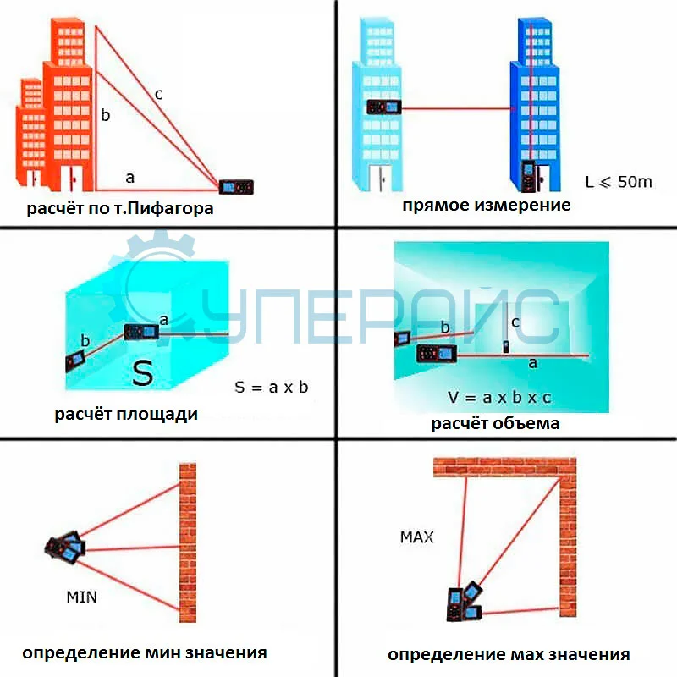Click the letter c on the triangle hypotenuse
[158, 94]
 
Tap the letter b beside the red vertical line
[105, 116]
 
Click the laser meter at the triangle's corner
[236, 186]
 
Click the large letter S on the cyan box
[142, 372]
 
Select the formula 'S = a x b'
[272, 388]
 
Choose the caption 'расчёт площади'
[126, 415]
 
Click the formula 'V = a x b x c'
[498, 396]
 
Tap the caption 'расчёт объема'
[494, 423]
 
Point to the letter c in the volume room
[515, 322]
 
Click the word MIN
[81, 597]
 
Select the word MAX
[416, 537]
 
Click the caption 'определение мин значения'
[145, 652]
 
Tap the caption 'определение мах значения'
[509, 654]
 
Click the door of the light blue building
[378, 179]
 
